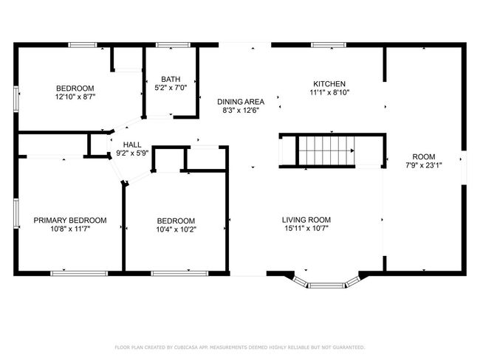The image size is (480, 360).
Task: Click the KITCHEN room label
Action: [329, 84]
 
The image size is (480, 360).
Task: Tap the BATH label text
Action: [171, 79]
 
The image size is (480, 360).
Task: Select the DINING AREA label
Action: [241, 102]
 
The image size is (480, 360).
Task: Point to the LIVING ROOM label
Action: [306, 220]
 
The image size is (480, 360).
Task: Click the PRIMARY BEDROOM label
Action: [70, 221]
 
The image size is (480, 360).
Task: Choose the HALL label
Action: [132, 145]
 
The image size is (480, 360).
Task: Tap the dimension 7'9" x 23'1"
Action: [424, 165]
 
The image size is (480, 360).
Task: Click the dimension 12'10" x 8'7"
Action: [75, 97]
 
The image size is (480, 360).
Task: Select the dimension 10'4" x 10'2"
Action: [176, 229]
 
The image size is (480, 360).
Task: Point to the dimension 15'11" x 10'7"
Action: [306, 228]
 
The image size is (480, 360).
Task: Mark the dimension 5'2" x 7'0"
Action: [171, 88]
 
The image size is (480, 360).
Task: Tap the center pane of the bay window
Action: [326, 285]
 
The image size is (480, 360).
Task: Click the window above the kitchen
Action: [329, 45]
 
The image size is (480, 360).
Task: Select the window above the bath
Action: [173, 45]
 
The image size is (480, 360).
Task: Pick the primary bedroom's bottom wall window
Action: [79, 274]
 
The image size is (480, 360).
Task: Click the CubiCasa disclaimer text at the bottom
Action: [240, 347]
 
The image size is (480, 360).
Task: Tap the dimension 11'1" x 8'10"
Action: [329, 92]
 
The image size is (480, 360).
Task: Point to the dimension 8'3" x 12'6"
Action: [241, 111]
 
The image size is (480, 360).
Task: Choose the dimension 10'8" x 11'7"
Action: [70, 229]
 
